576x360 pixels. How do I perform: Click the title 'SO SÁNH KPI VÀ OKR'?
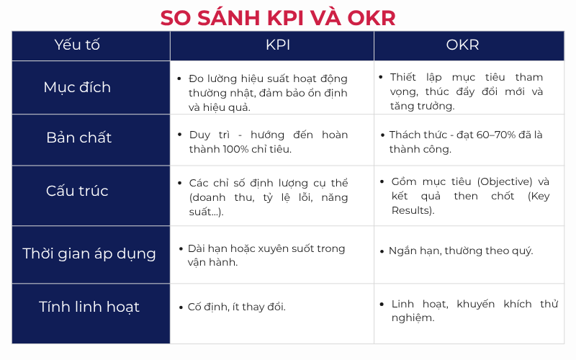(277, 17)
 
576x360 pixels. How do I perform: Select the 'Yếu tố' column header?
(77, 45)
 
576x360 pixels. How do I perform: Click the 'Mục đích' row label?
(77, 87)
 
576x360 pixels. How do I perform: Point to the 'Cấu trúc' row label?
(77, 191)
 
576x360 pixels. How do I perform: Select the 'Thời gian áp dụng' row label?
(89, 253)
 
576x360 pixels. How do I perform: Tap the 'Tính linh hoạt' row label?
(89, 307)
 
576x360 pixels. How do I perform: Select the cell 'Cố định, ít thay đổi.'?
(237, 307)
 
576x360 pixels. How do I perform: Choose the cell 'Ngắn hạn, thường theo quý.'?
(461, 251)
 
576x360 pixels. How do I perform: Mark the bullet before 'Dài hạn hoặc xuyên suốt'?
(181, 248)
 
